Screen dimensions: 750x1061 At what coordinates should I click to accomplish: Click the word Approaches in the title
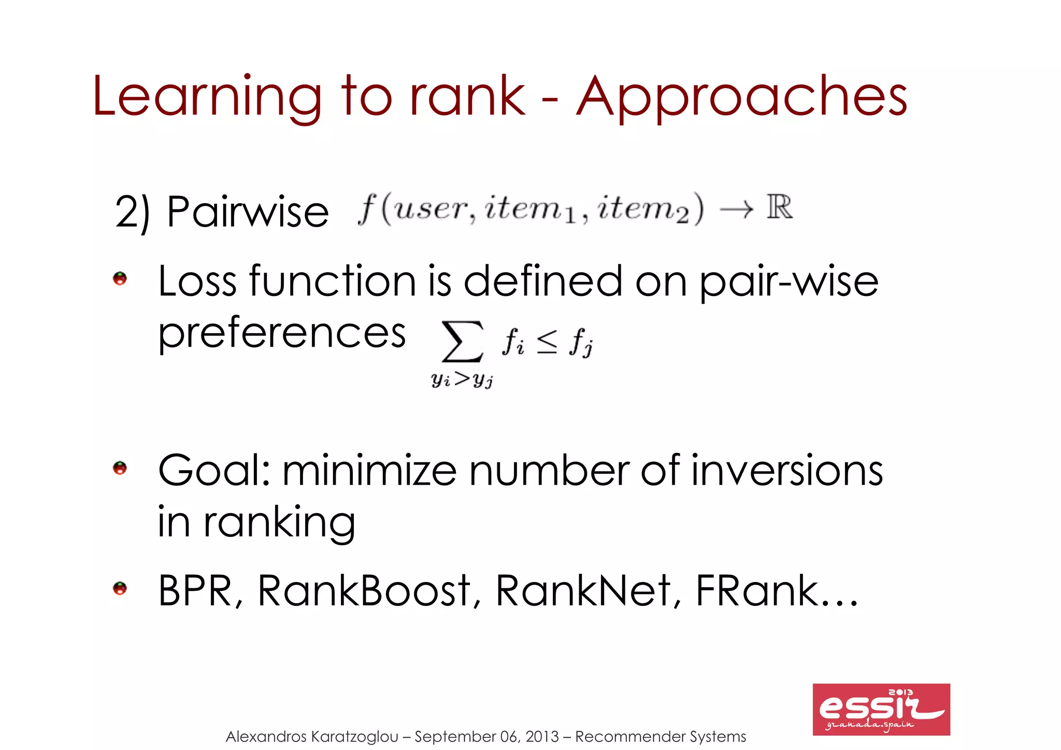click(741, 97)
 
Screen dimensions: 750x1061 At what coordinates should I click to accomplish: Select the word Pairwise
click(248, 212)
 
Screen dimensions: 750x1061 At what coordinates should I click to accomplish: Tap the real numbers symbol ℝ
click(780, 207)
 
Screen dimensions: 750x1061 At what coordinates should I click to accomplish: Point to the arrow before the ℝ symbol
click(736, 209)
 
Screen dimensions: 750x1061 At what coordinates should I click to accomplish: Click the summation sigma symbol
click(462, 342)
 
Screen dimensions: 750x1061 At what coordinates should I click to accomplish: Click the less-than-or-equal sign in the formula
click(547, 342)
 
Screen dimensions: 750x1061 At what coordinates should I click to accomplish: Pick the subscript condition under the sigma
click(462, 380)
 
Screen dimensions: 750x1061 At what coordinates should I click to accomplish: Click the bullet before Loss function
click(120, 279)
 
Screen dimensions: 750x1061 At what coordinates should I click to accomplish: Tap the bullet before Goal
click(120, 469)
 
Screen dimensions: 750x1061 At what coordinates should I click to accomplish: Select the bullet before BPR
click(120, 589)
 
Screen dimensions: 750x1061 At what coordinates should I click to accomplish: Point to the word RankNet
click(583, 591)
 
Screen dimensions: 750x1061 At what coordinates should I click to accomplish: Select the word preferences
click(282, 334)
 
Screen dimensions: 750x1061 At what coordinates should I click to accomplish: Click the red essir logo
click(881, 709)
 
